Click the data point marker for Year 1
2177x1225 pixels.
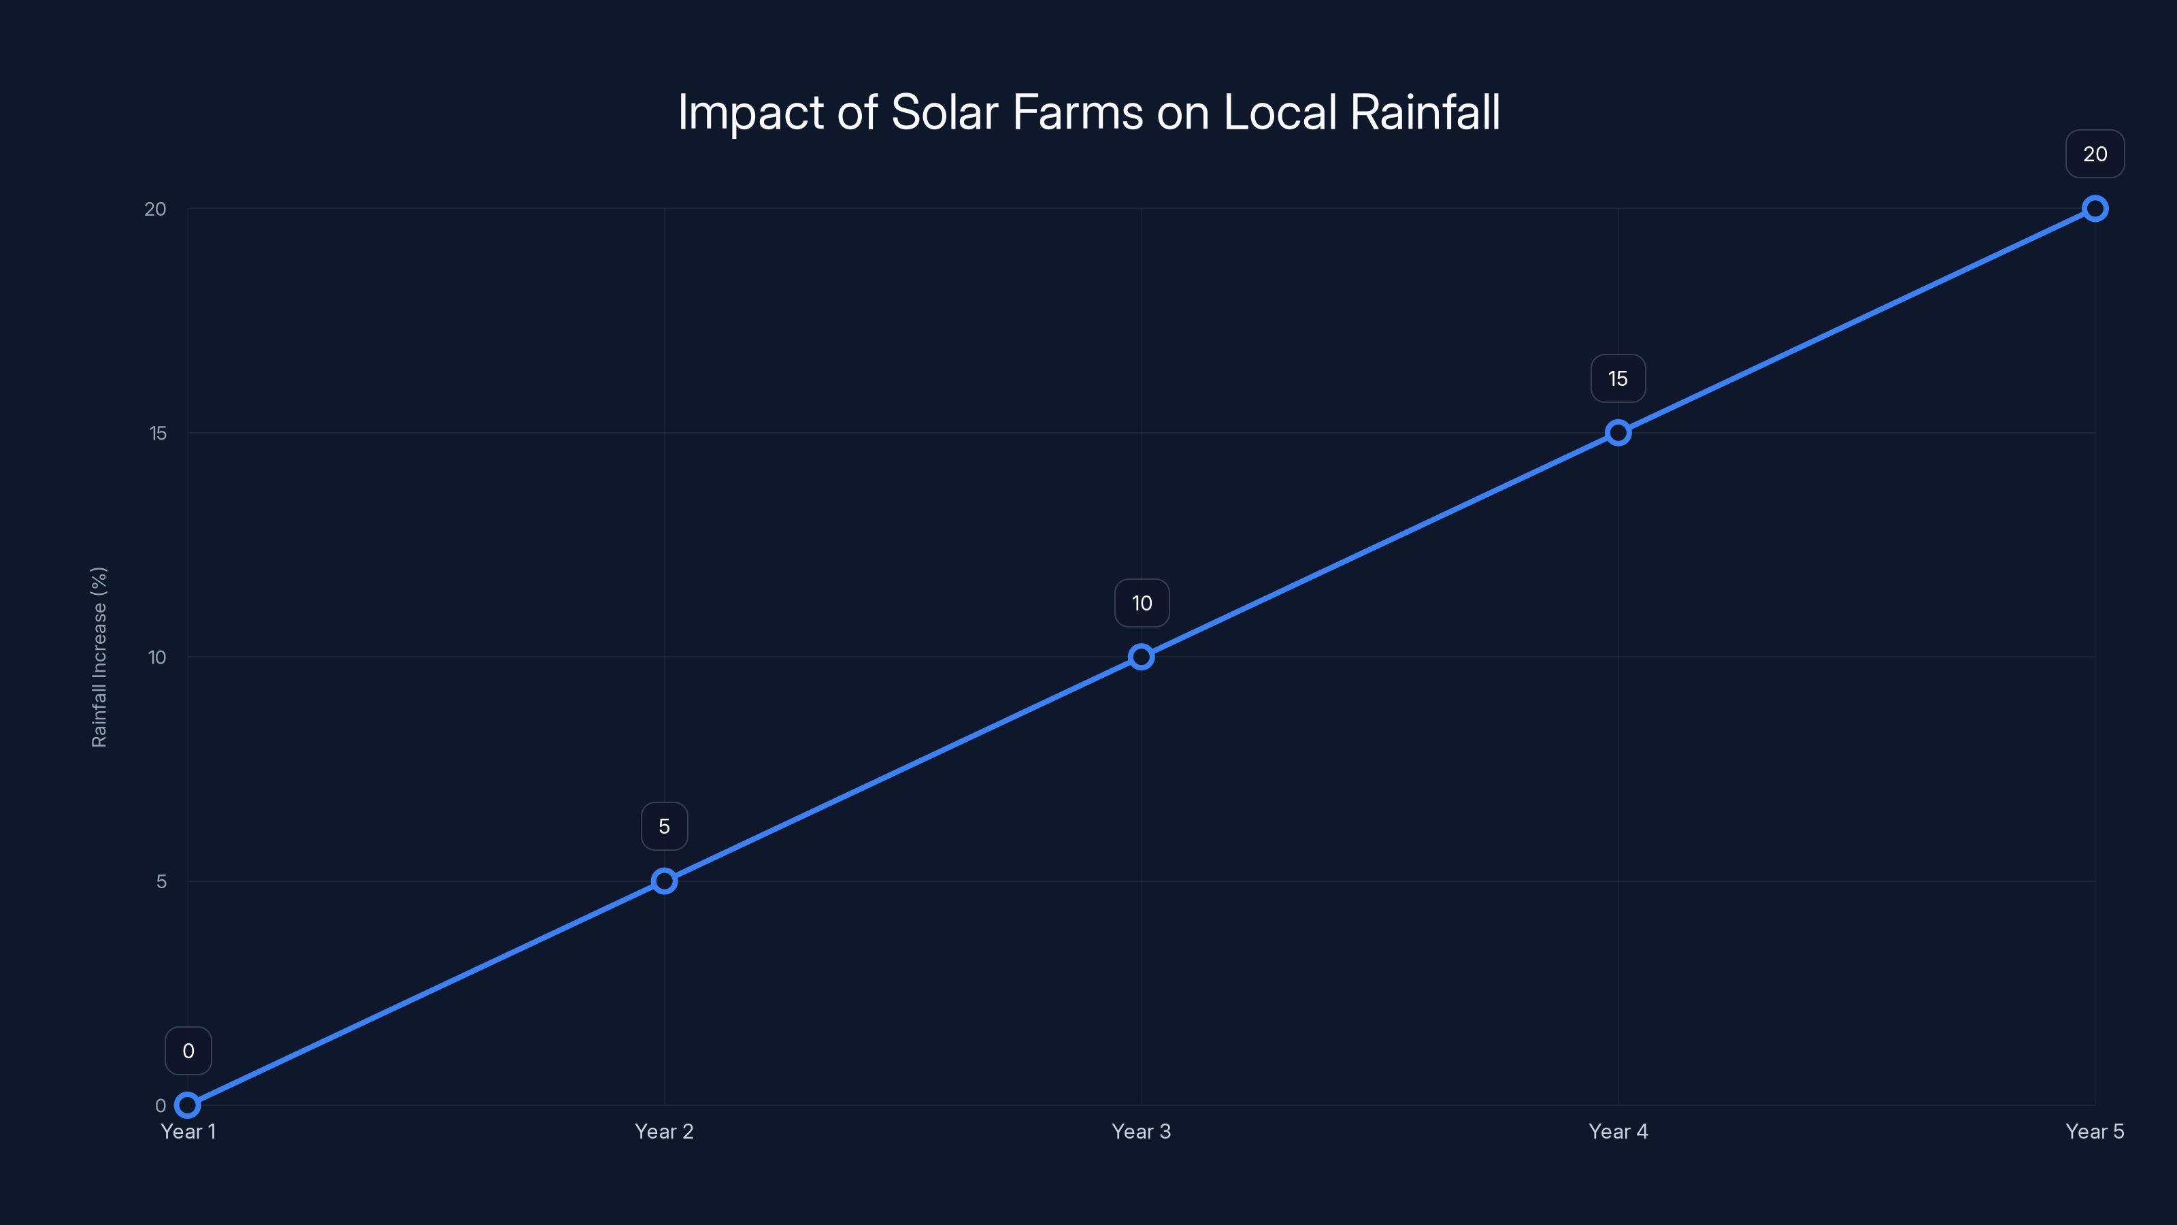pyautogui.click(x=188, y=1105)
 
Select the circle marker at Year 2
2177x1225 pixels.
pyautogui.click(x=664, y=881)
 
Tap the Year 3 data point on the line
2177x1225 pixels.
pyautogui.click(x=1141, y=657)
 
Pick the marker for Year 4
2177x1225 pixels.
pyautogui.click(x=1618, y=433)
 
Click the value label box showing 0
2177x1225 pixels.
pyautogui.click(x=188, y=1051)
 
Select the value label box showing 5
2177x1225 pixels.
pyautogui.click(x=664, y=826)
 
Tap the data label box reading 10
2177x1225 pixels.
pyautogui.click(x=1142, y=603)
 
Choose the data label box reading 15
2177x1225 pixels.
pyautogui.click(x=1618, y=379)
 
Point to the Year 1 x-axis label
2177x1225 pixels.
pyautogui.click(x=188, y=1131)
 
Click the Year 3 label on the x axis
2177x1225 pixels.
pyautogui.click(x=1141, y=1131)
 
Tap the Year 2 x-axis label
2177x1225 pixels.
pyautogui.click(x=664, y=1131)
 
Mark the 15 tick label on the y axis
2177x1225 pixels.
pyautogui.click(x=158, y=433)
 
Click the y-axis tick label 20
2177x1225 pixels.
pyautogui.click(x=156, y=209)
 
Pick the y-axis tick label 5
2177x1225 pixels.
pyautogui.click(x=161, y=881)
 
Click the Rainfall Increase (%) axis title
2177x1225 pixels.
pyautogui.click(x=99, y=657)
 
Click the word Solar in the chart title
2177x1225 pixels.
pyautogui.click(x=944, y=112)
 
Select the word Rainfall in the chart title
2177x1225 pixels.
pyautogui.click(x=1425, y=112)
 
